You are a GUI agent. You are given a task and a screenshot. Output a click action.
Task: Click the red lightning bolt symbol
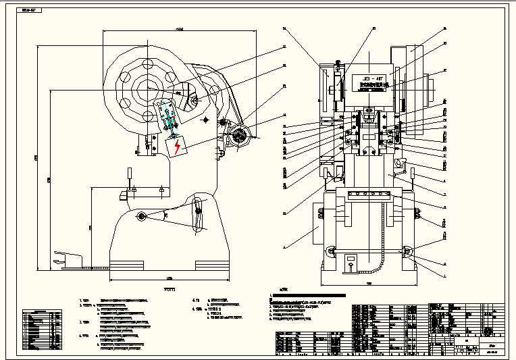click(178, 146)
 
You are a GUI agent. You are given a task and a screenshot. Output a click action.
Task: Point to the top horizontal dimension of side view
click(180, 30)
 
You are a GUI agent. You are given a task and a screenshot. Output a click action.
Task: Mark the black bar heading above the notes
click(307, 296)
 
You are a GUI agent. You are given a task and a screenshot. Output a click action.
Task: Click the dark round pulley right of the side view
click(238, 136)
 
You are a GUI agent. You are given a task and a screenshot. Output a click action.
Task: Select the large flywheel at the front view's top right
click(416, 71)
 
